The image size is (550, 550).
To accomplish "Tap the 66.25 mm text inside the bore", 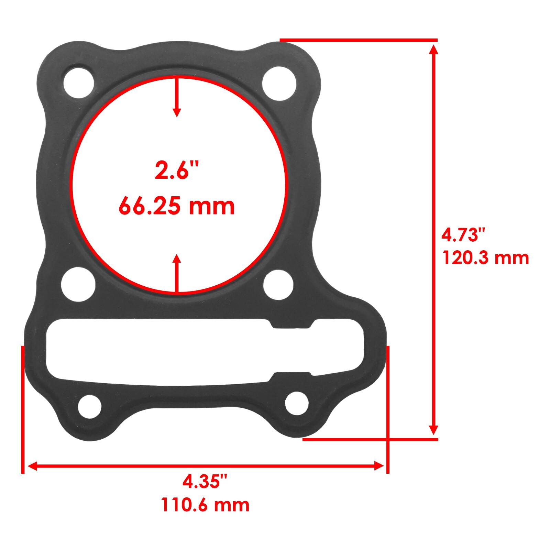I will click(177, 206).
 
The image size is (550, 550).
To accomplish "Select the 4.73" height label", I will click(463, 235).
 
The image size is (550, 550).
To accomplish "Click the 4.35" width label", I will click(205, 481).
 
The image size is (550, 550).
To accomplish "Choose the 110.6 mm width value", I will click(205, 505).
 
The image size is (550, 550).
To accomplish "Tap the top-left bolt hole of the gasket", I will click(79, 83).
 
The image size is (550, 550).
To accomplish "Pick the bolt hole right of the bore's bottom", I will click(278, 285).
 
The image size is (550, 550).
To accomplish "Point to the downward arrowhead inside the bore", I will click(177, 112).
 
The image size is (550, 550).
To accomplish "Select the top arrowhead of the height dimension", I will click(434, 50).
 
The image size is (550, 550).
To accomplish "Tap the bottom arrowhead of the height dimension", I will click(434, 430).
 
